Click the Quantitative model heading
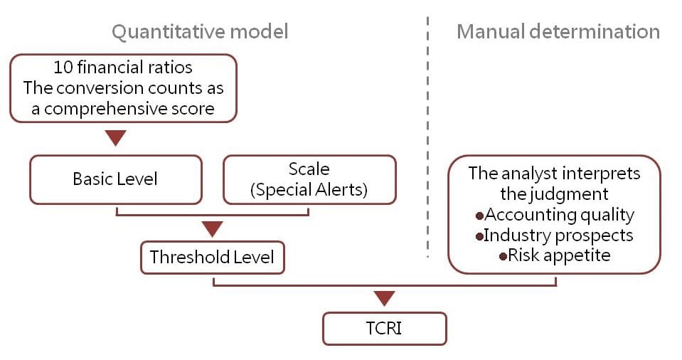[x=201, y=32]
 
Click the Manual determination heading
[x=558, y=32]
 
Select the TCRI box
[x=384, y=329]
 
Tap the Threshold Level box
[x=212, y=257]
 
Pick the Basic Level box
[x=115, y=179]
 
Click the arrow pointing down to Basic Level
[x=115, y=138]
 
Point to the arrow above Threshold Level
[x=212, y=228]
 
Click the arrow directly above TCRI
[x=384, y=298]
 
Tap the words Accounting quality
[x=559, y=214]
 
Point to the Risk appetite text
[x=559, y=255]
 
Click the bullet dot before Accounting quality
[x=479, y=216]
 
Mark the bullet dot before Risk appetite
[x=503, y=256]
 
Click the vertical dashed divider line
[x=427, y=142]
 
